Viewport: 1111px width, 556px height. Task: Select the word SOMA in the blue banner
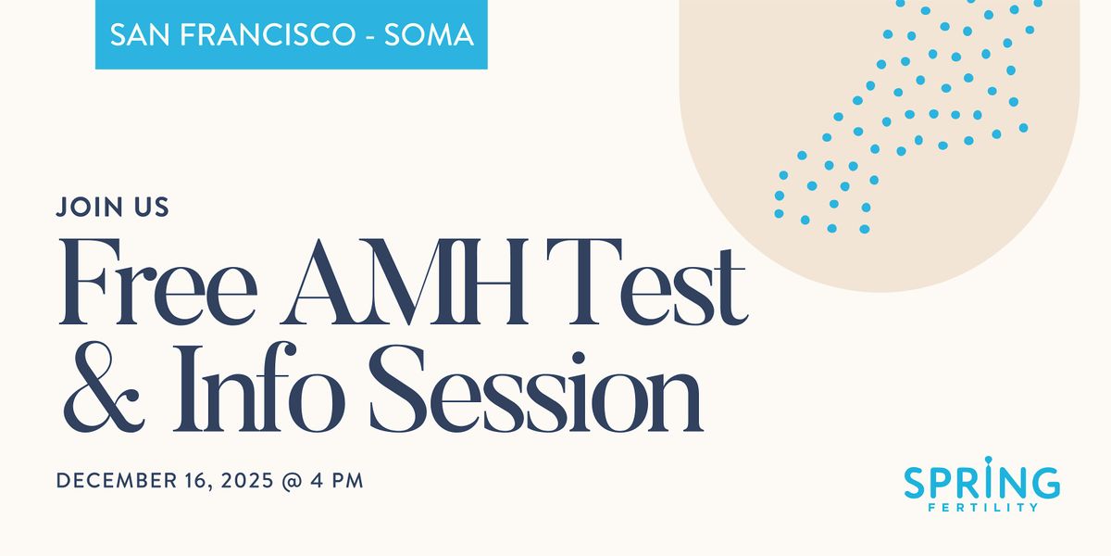[431, 35]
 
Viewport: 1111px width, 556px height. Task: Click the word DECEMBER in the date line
[115, 481]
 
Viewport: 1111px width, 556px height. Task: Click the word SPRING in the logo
[982, 483]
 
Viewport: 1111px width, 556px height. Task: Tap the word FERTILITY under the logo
[982, 507]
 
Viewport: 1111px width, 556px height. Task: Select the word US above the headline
[151, 207]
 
